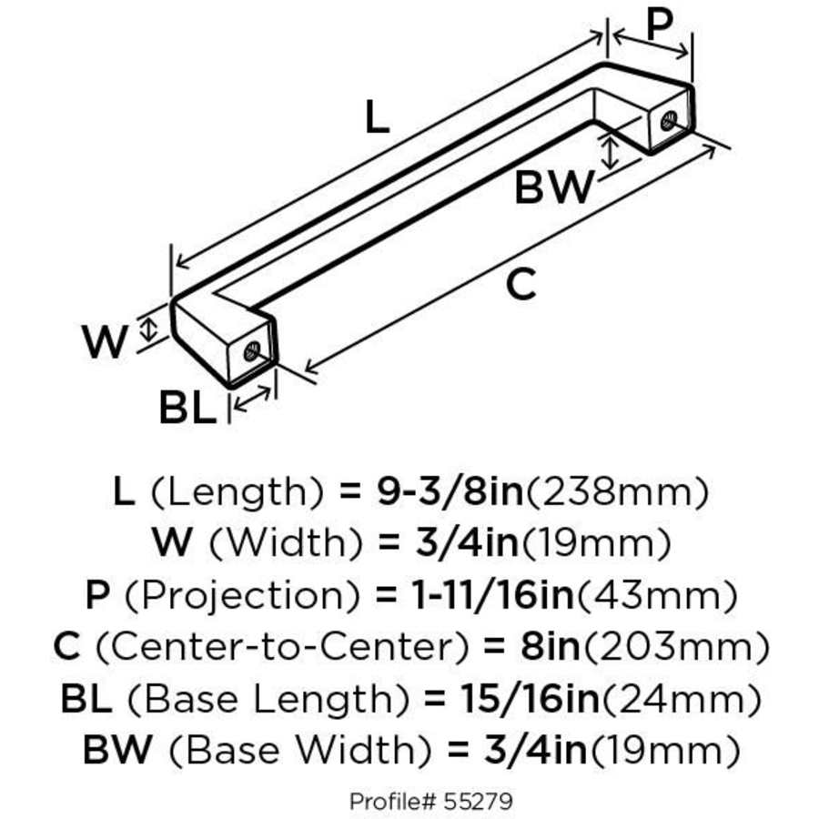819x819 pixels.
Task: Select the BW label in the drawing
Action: pyautogui.click(x=553, y=188)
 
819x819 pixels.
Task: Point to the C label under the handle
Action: pyautogui.click(x=521, y=286)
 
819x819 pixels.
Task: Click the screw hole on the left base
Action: pyautogui.click(x=252, y=350)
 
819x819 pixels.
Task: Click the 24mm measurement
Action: pyautogui.click(x=682, y=700)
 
